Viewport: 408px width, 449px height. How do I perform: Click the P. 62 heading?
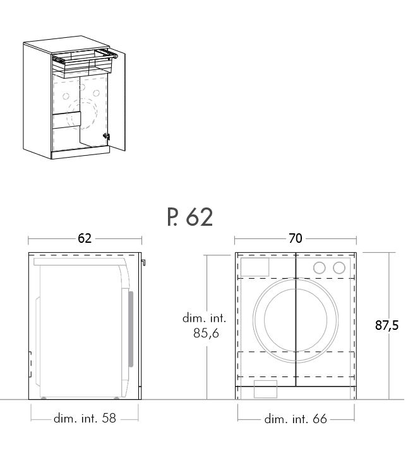point(190,218)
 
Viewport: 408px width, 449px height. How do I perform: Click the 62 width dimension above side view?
point(85,238)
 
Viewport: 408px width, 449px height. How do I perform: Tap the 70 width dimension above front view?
point(296,238)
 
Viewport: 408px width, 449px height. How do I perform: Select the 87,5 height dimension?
point(387,325)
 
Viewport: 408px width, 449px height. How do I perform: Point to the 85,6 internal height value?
point(206,333)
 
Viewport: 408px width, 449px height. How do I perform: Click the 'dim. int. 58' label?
point(85,418)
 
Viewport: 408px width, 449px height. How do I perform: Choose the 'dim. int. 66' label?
point(296,419)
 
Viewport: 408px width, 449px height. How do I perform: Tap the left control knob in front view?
point(320,268)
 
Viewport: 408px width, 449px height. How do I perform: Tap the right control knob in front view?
point(339,268)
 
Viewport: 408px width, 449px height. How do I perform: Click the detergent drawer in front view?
point(255,267)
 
